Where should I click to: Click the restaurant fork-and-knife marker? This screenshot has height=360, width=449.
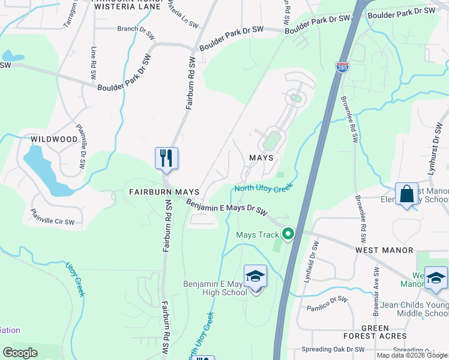(166, 158)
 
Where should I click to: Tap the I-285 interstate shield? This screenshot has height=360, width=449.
(343, 66)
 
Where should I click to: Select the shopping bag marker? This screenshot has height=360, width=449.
(406, 194)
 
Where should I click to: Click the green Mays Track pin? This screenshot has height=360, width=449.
(288, 234)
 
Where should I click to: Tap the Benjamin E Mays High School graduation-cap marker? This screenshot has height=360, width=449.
(255, 277)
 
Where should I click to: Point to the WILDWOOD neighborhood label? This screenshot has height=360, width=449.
(54, 139)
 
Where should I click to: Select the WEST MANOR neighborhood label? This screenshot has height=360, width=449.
(384, 250)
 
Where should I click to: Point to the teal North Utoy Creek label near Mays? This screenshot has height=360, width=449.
(263, 188)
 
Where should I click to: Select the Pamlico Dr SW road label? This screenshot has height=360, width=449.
(327, 303)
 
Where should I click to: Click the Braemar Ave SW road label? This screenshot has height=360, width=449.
(377, 282)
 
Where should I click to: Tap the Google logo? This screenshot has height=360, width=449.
(20, 353)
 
